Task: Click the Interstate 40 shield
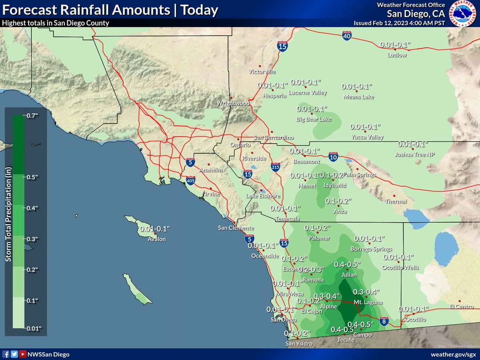347,36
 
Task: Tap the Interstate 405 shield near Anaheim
190,181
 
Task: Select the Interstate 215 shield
275,166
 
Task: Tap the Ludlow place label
397,55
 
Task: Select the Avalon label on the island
156,239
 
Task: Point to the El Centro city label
461,307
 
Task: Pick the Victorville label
262,72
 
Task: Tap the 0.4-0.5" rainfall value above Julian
347,264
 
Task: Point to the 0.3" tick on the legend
32,239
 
